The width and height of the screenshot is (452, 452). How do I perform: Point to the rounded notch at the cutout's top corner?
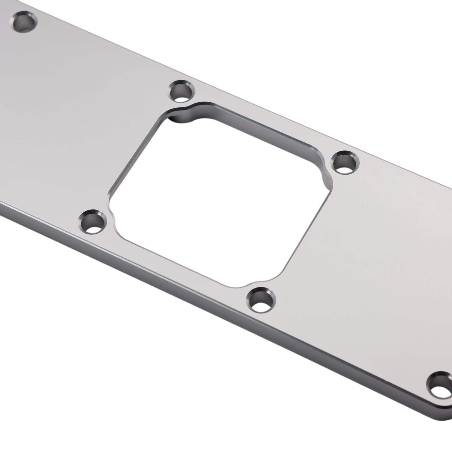(184, 114)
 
